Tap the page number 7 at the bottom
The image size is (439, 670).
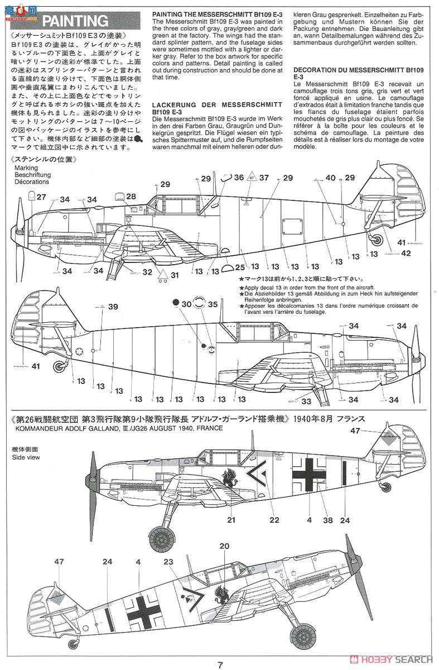click(x=221, y=664)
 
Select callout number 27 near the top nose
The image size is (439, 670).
click(x=42, y=197)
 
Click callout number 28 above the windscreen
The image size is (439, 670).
click(x=131, y=197)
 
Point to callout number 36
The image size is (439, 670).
click(x=239, y=178)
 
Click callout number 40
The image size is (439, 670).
click(x=331, y=178)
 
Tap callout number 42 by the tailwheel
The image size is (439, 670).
click(x=406, y=253)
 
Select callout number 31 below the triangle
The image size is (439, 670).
click(x=175, y=275)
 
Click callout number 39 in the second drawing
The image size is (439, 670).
click(x=113, y=307)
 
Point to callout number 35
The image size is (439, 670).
click(x=213, y=304)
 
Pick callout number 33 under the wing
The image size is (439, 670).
click(x=306, y=400)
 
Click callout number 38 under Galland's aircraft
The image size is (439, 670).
click(x=328, y=520)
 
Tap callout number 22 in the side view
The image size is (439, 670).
click(x=274, y=520)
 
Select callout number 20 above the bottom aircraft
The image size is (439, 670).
click(x=225, y=546)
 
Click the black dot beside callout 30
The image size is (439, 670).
click(x=175, y=302)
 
